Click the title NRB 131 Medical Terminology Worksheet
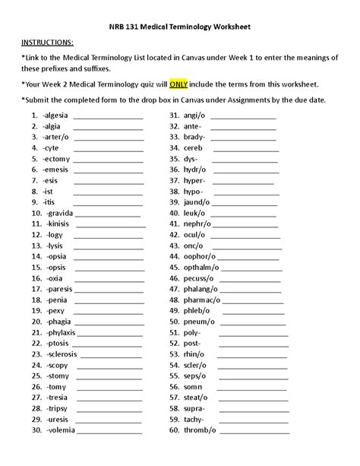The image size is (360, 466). tap(179, 24)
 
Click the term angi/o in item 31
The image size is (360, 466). tap(194, 116)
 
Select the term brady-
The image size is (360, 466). tap(194, 138)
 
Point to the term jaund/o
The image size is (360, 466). tap(197, 203)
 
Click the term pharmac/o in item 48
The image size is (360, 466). tap(202, 300)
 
